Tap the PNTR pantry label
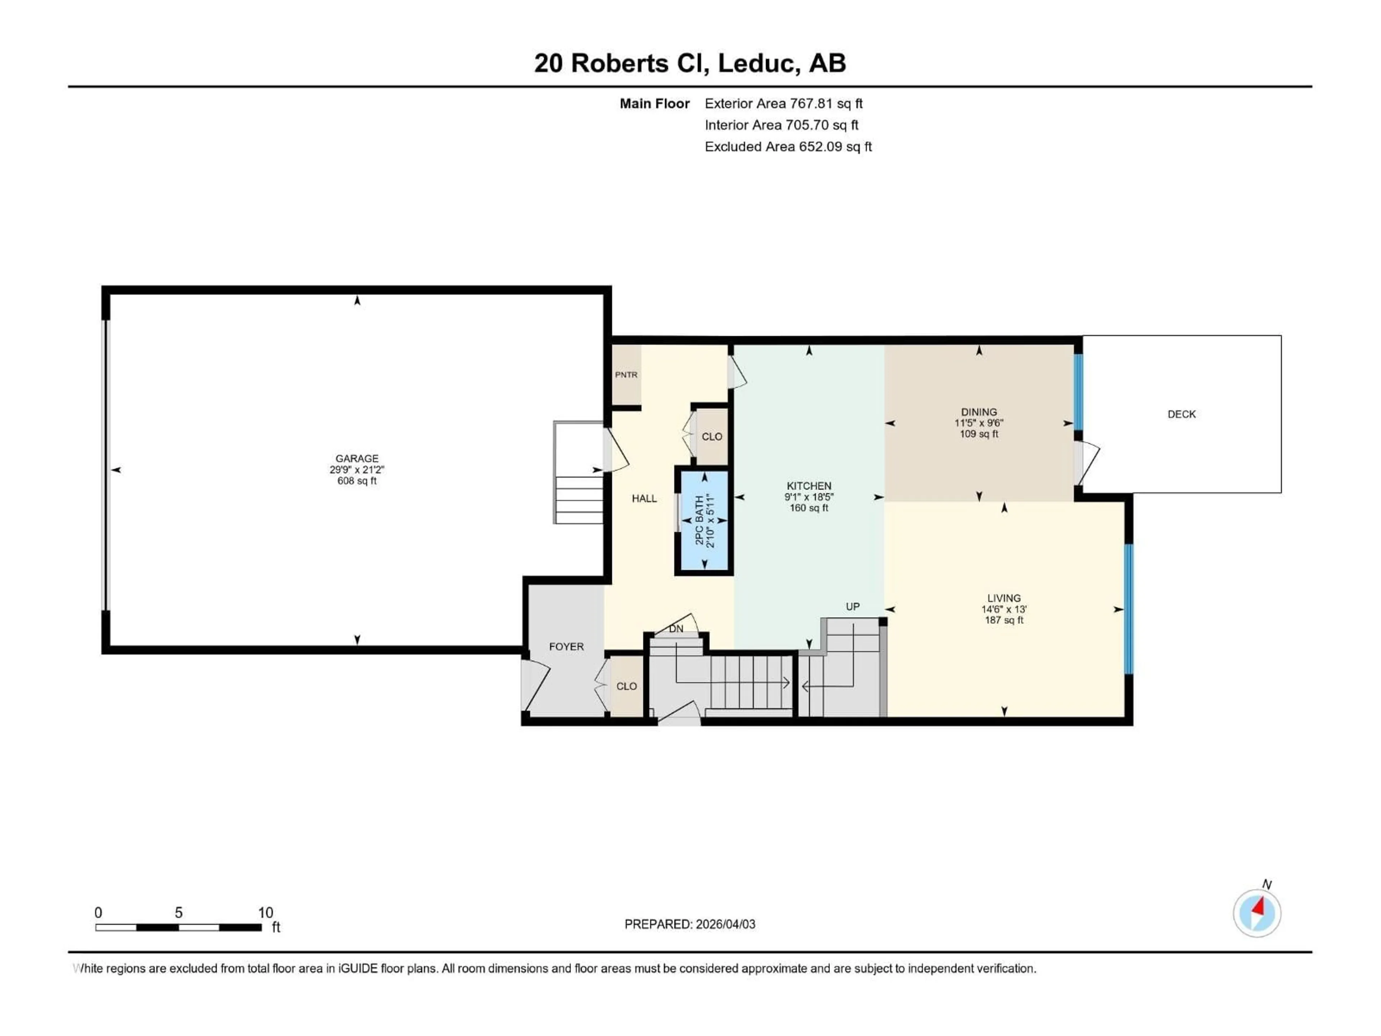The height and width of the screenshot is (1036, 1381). pos(626,375)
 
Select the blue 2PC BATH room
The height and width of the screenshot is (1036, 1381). pos(704,521)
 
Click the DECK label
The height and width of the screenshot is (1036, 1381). pos(1181,414)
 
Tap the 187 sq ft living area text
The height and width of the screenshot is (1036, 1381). pos(1003,620)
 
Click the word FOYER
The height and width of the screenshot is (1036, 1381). pos(566,647)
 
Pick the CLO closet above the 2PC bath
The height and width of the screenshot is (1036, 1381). pos(712,436)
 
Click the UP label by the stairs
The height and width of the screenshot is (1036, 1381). pos(852,606)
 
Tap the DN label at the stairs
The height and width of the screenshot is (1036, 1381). pos(676,629)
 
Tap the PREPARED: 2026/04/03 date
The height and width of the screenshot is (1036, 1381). pos(689,924)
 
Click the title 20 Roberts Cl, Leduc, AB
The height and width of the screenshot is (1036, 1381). pos(689,63)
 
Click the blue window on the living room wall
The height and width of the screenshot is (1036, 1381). pos(1128,609)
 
